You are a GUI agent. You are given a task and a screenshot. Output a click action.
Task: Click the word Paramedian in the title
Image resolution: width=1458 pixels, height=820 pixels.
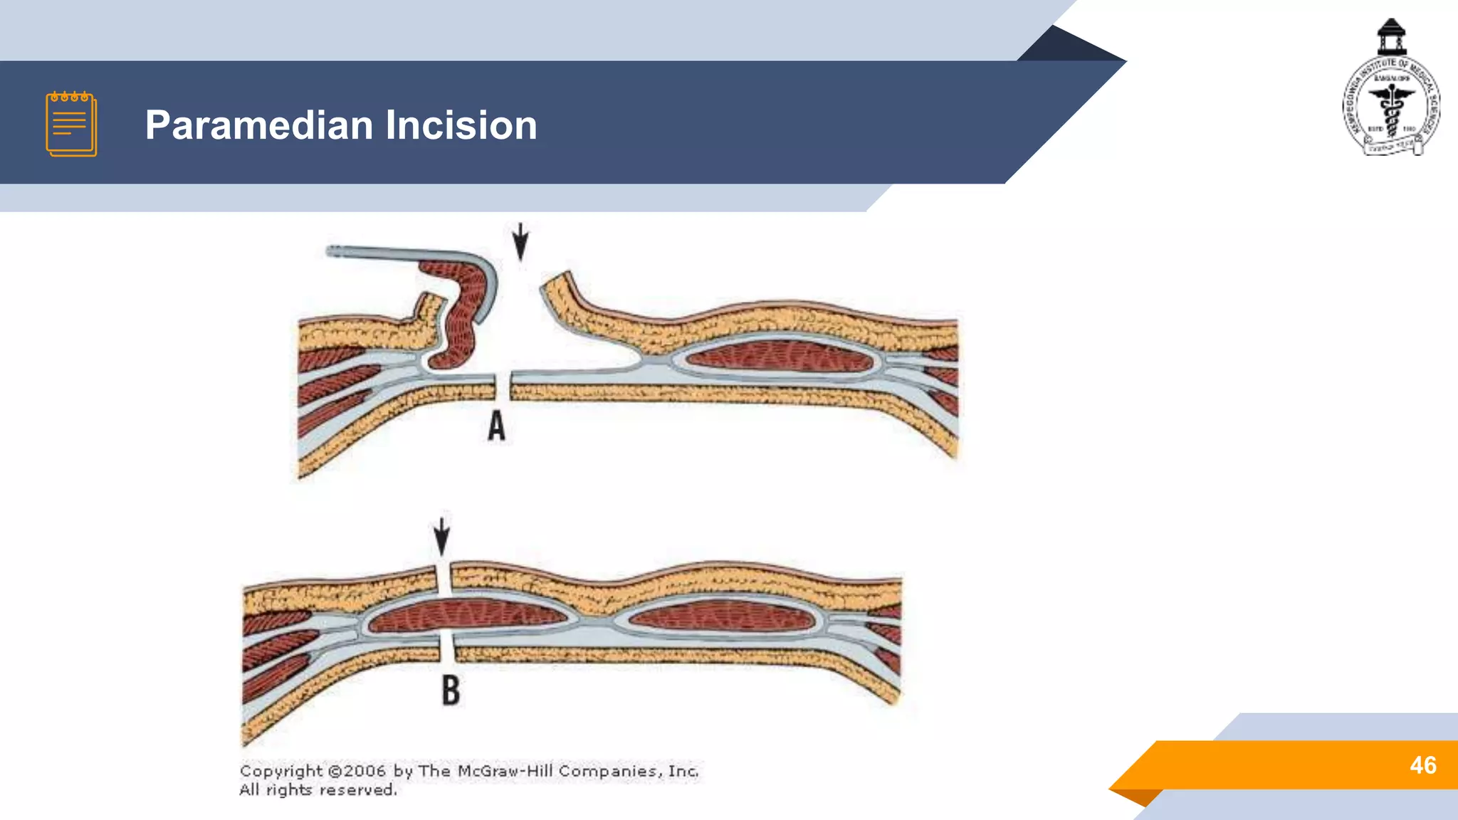tap(259, 125)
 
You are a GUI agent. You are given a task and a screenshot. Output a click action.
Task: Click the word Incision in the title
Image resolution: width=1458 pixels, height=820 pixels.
tap(461, 125)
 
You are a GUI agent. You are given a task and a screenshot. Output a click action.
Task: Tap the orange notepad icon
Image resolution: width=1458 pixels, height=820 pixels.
tap(71, 124)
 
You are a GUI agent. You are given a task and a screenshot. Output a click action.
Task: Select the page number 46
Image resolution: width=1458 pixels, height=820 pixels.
tap(1422, 765)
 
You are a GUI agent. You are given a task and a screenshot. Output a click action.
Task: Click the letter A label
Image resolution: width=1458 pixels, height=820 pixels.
tap(496, 426)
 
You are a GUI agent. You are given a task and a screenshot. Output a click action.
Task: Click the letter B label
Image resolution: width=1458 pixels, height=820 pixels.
tap(451, 690)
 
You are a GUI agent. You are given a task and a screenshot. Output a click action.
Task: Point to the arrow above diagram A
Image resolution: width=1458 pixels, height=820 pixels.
tap(520, 241)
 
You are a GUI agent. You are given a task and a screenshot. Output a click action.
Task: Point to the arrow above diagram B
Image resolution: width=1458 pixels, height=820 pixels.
tap(441, 536)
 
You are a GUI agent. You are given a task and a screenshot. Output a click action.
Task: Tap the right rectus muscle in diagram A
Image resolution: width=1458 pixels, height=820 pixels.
tap(780, 355)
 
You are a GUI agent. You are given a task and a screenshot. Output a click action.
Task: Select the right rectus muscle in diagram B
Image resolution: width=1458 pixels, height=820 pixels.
tap(720, 616)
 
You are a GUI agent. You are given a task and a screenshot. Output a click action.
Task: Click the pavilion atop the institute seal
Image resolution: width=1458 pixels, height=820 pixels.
tap(1391, 36)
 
